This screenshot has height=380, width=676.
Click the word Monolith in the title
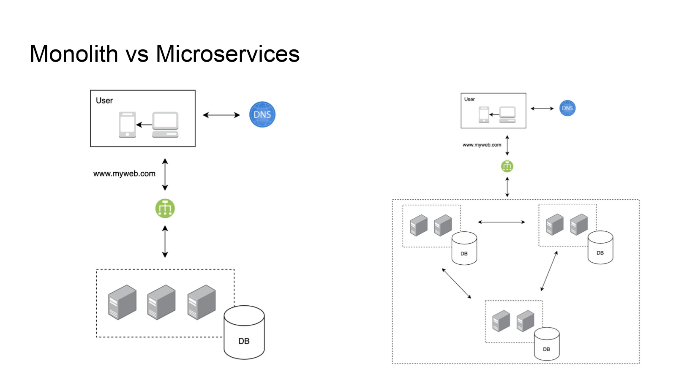click(74, 54)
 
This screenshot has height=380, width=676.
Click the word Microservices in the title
click(228, 54)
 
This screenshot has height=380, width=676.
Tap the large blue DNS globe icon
click(262, 114)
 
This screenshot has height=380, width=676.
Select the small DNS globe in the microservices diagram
click(567, 108)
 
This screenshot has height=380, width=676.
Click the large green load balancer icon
click(165, 209)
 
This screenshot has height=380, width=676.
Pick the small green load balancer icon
click(507, 166)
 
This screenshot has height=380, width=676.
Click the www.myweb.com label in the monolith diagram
click(124, 174)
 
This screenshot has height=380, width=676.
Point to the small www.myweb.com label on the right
click(482, 145)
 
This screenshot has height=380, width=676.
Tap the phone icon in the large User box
click(127, 125)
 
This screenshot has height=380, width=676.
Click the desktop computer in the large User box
click(165, 125)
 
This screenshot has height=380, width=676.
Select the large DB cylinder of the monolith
click(244, 332)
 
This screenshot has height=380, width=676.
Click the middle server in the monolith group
click(161, 302)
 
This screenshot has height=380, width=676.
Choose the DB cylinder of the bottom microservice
click(547, 344)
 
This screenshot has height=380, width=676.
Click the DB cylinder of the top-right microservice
click(600, 247)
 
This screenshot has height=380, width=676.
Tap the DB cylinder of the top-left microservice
click(464, 248)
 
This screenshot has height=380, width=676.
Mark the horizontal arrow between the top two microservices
click(501, 222)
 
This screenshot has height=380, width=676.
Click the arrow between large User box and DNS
click(221, 115)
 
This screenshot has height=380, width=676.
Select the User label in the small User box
click(469, 99)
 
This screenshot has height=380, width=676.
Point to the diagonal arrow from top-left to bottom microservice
click(456, 283)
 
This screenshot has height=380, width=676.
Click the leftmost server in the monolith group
click(122, 302)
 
